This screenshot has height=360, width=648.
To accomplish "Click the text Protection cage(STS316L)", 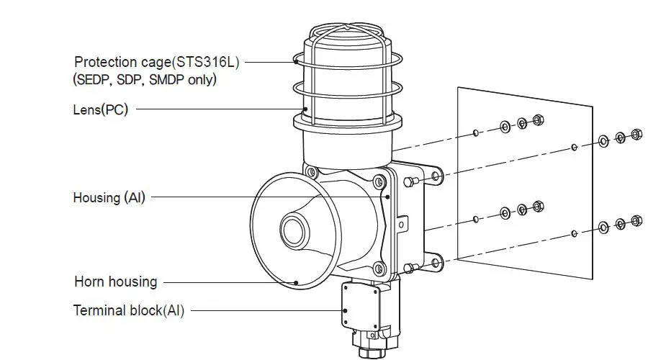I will tap(156, 62).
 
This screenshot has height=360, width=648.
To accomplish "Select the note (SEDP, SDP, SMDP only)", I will tap(144, 79).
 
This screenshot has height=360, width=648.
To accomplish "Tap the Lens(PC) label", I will tap(102, 109).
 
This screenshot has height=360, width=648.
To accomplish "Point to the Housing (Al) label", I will tap(109, 197).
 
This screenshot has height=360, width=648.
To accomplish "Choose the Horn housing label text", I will tap(115, 282).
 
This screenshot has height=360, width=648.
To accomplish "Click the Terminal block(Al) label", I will tap(129, 311).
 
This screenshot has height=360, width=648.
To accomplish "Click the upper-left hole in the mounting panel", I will tap(477, 132).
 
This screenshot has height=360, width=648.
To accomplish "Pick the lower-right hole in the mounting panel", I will tap(573, 233).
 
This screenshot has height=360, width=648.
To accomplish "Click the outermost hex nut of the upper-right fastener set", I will tap(636, 134).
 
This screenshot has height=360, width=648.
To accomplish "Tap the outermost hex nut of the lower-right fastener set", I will tap(636, 220).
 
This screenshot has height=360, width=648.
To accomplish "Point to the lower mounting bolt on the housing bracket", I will tap(410, 268).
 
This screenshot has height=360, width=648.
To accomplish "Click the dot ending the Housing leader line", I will tap(387, 197).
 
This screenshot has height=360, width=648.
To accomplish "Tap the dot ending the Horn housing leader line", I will tap(296, 282).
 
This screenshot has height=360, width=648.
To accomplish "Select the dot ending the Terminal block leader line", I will tap(345, 311).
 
